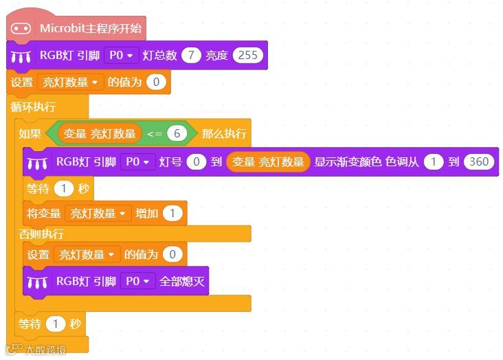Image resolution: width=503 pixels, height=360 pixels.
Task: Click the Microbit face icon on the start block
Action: pos(21,28)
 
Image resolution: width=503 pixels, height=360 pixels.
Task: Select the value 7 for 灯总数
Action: pos(191,56)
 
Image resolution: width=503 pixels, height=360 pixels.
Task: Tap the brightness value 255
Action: pos(248,56)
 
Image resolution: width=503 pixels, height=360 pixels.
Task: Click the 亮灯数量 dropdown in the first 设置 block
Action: pos(70,82)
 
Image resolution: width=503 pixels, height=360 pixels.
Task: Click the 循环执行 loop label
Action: pos(33,107)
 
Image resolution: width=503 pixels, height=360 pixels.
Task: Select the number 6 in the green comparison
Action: pos(177,133)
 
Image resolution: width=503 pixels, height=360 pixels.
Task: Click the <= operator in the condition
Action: pos(154,133)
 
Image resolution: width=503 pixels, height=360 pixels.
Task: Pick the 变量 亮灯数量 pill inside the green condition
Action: pos(100,133)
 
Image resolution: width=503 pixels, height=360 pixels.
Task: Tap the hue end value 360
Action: pos(479,162)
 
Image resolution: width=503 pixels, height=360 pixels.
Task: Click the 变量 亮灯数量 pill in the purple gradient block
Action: pos(268,162)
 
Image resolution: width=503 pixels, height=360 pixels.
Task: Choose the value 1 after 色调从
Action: pos(433,162)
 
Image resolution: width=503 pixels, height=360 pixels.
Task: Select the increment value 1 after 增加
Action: pos(172,214)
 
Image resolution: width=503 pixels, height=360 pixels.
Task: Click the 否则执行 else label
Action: pos(41,234)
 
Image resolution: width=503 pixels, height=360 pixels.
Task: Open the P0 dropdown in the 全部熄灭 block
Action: pos(138,281)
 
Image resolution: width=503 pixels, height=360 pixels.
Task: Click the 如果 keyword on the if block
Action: pos(30,133)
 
